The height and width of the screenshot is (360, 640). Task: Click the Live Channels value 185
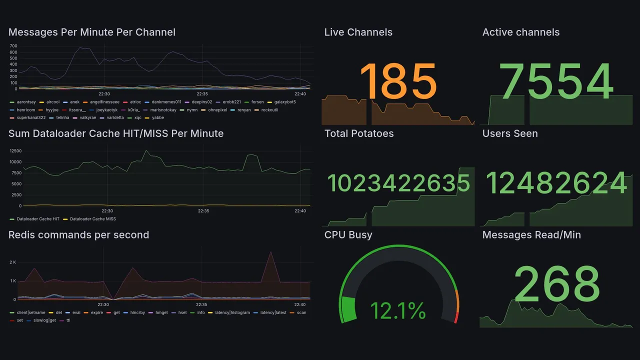point(398,81)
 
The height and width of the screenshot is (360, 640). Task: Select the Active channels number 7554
point(556,81)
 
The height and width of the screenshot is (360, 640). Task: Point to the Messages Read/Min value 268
point(556,283)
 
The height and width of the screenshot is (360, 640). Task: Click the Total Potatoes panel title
point(358,133)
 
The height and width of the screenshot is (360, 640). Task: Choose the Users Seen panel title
point(510,133)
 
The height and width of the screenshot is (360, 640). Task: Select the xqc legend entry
point(137,118)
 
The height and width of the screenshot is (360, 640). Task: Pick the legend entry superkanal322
point(31,118)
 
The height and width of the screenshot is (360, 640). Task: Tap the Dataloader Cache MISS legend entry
point(92,219)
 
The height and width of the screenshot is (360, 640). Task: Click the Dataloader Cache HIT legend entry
point(38,219)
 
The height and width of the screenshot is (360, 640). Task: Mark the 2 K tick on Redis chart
point(13,262)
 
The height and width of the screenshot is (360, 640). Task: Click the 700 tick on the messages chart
point(13,45)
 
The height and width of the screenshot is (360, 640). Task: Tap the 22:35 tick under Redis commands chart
point(201,304)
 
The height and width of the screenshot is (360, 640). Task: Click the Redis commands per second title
point(78,235)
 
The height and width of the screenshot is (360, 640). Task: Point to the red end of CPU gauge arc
point(455,317)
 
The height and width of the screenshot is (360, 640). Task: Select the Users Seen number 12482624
point(556,183)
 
